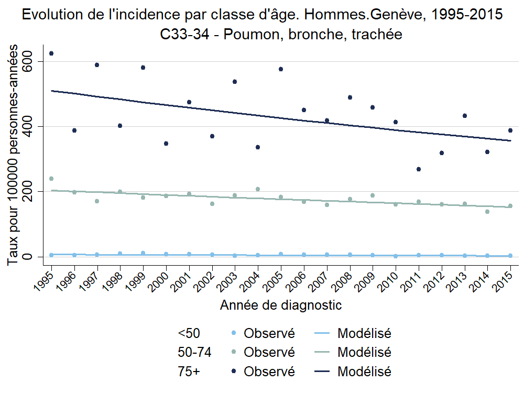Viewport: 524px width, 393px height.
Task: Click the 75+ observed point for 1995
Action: point(51,53)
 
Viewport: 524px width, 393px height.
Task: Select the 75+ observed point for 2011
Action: point(419,169)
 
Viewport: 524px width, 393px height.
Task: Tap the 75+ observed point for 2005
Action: point(281,69)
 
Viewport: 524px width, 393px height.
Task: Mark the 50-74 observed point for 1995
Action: point(51,179)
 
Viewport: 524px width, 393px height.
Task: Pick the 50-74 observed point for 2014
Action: point(487,212)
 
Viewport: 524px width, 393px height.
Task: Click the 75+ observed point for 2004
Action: point(258,147)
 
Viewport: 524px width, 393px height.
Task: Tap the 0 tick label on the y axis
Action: point(37,257)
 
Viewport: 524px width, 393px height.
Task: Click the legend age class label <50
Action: point(189,333)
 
